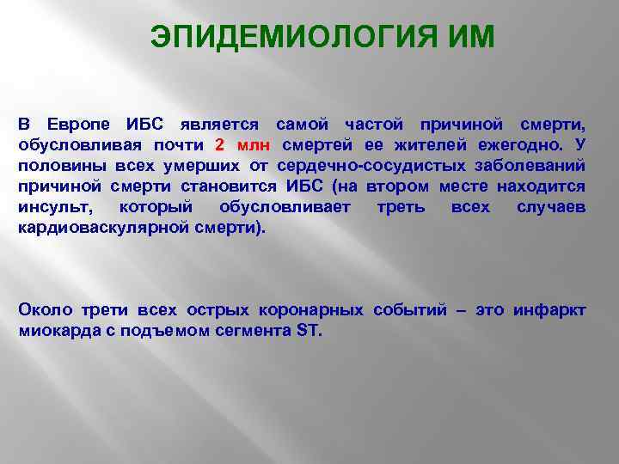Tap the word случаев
click(x=551, y=207)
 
